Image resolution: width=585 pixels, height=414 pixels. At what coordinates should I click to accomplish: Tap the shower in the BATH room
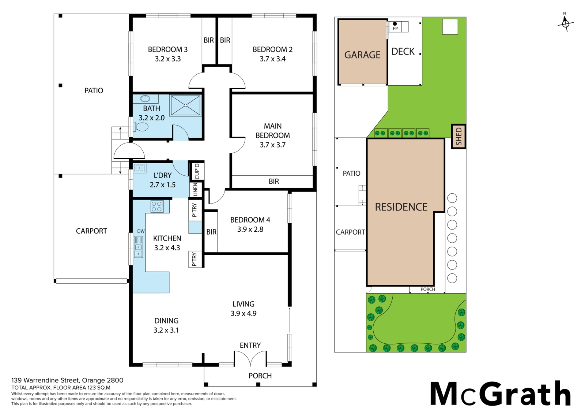[x=185, y=105]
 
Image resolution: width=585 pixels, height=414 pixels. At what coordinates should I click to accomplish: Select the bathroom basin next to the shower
[x=145, y=98]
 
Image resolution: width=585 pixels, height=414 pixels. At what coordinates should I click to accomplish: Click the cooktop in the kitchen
[x=157, y=206]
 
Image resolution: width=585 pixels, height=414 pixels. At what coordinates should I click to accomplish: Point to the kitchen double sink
[x=139, y=247]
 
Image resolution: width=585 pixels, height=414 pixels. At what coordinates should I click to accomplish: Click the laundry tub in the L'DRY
[x=139, y=168]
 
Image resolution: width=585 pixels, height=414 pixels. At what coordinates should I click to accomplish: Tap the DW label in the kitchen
[x=141, y=231]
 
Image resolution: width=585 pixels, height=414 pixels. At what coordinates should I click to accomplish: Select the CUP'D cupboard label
[x=197, y=171]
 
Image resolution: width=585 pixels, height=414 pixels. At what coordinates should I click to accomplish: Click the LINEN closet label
[x=195, y=190]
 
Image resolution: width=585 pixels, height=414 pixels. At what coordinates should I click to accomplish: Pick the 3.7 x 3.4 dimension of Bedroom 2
[x=272, y=59]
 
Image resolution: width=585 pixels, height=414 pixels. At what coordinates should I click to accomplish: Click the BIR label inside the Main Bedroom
[x=274, y=181]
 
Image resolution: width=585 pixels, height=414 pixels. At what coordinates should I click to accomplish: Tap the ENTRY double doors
[x=250, y=359]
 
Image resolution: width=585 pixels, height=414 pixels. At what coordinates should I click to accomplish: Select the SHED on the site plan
[x=458, y=136]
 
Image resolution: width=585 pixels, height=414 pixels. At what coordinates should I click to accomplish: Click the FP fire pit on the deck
[x=395, y=26]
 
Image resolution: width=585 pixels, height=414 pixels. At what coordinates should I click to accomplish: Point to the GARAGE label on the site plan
[x=362, y=55]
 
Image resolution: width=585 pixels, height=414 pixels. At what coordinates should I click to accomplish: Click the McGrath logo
[x=500, y=394]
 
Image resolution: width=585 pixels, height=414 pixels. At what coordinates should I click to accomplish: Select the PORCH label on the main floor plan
[x=260, y=376]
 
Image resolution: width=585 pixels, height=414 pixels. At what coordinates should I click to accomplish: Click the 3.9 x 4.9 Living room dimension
[x=244, y=313]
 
